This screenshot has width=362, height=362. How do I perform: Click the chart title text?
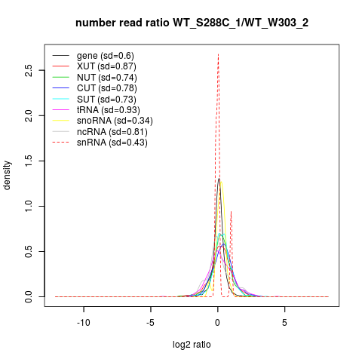tap(192, 23)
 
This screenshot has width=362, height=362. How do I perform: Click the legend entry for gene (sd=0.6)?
tap(106, 56)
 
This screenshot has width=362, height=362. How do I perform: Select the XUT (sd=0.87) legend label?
tap(106, 66)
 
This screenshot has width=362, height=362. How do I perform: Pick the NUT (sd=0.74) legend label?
tap(107, 78)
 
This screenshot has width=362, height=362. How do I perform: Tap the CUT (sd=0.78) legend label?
tap(107, 88)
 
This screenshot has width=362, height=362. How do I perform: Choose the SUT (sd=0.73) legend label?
tap(106, 100)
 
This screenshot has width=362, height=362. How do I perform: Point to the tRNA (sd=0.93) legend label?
tap(109, 110)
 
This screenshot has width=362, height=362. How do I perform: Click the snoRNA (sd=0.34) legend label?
tap(115, 121)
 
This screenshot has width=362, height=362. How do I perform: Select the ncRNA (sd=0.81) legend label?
tap(112, 132)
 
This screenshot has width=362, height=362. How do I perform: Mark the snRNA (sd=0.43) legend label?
tap(112, 143)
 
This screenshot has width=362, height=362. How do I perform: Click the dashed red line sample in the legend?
tap(60, 143)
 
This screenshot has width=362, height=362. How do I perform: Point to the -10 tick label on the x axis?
tap(84, 322)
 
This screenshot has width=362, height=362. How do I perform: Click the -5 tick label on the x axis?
tap(150, 322)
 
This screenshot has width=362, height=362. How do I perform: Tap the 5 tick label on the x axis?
tap(284, 322)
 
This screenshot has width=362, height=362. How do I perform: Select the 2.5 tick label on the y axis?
tap(29, 70)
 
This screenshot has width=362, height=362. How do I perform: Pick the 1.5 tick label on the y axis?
tap(29, 161)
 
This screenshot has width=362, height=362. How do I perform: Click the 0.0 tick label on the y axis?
tap(29, 296)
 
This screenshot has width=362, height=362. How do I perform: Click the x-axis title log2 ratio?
tap(192, 345)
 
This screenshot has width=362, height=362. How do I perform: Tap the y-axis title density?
tap(7, 175)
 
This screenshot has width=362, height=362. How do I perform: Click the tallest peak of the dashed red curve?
tap(218, 54)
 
